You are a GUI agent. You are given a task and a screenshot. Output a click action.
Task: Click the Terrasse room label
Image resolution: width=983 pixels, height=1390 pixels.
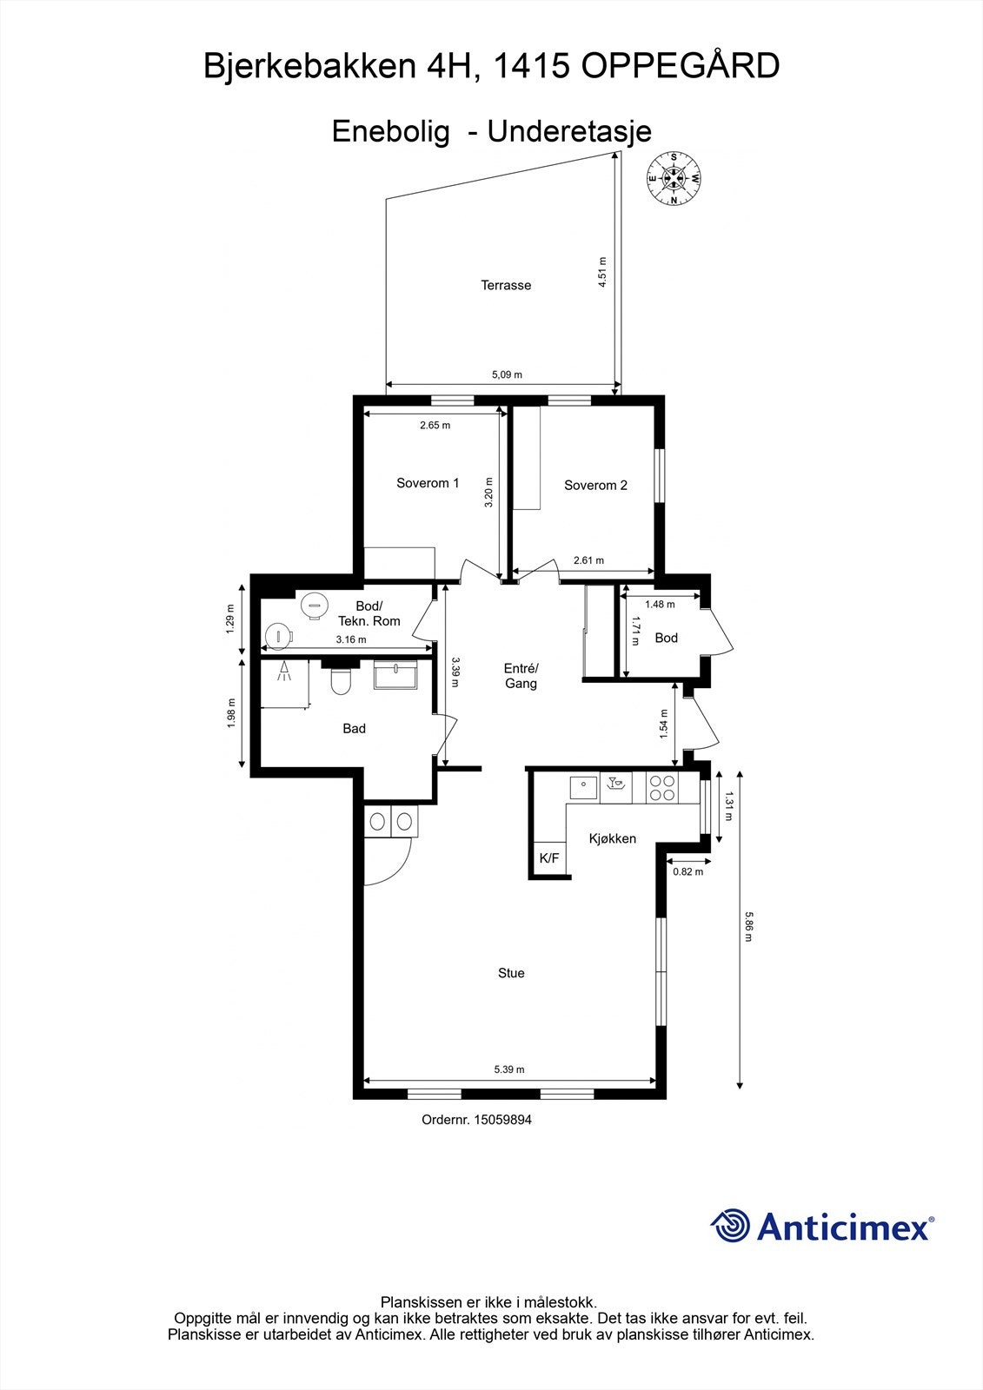[506, 285]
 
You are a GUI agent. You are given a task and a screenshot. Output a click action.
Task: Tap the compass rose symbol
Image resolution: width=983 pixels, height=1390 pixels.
[674, 178]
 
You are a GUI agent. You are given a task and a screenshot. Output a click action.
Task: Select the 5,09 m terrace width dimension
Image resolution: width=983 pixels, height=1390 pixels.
[507, 374]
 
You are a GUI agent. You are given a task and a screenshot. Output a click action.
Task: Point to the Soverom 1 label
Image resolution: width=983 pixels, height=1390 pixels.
[428, 483]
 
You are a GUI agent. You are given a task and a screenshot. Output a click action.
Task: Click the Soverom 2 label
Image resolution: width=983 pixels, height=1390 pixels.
[595, 486]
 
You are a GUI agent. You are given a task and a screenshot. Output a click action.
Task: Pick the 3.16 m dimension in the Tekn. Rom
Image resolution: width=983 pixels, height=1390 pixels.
[351, 639]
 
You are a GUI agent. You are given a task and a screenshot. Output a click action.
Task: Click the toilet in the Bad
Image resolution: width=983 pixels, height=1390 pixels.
[340, 681]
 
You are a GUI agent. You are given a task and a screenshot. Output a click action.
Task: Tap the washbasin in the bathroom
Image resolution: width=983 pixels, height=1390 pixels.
[395, 674]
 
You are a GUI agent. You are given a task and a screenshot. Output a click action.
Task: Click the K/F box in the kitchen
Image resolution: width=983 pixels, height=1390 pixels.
[549, 858]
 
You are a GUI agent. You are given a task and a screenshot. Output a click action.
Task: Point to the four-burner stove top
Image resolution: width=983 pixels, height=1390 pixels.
[662, 787]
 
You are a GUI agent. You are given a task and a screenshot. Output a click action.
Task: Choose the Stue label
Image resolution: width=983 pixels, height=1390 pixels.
[511, 973]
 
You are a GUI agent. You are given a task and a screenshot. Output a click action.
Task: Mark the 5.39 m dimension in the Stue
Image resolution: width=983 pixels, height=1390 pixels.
[509, 1069]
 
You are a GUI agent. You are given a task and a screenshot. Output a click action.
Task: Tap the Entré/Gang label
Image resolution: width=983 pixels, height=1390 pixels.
[521, 676]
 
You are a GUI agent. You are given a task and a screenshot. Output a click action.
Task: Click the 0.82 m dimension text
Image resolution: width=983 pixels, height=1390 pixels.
[688, 871]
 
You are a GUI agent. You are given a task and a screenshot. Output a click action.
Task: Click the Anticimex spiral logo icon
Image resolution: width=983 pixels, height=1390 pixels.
[730, 1226]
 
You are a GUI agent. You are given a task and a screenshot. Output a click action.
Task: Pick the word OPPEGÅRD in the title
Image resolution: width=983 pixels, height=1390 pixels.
[680, 66]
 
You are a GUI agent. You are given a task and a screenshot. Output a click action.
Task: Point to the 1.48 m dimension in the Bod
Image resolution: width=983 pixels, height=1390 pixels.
[660, 604]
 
